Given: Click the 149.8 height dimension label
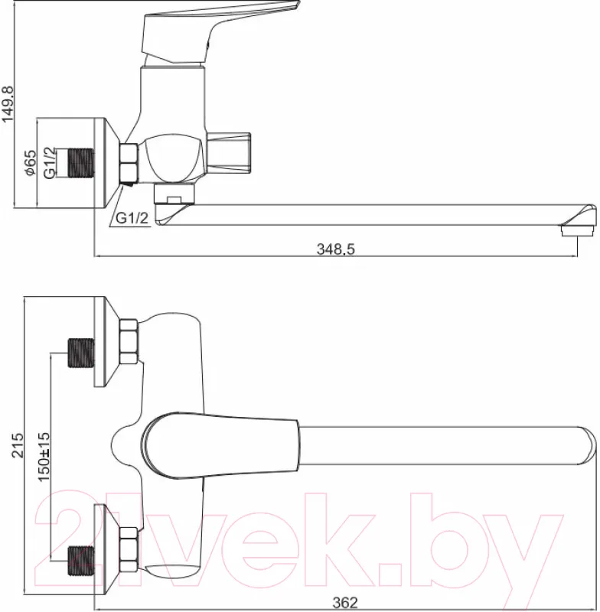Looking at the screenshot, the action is pos(8,104).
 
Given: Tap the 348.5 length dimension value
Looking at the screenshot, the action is pos(336,249).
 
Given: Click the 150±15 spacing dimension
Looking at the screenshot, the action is pos(44,457).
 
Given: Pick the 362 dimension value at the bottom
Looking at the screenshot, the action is pos(345,602).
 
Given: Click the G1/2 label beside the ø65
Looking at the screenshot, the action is pos(50,163).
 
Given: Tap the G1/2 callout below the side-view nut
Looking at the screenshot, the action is pos(132,217).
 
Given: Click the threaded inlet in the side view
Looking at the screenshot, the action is pos(81,163).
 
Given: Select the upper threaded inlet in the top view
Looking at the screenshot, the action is pos(81,353).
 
